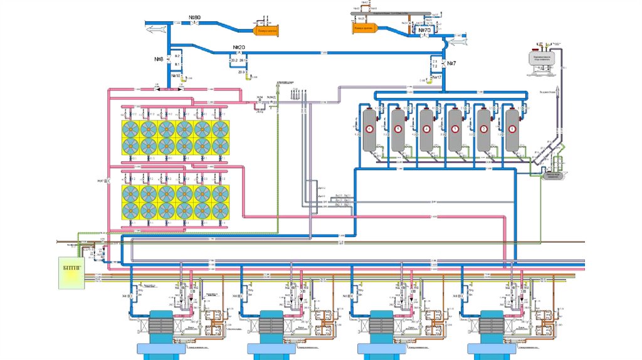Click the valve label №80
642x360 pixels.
tap(194, 16)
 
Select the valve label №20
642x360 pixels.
tap(239, 48)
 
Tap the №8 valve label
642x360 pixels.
tap(159, 59)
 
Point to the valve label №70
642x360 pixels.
tap(424, 29)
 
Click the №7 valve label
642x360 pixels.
tap(450, 64)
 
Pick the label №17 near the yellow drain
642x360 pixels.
tap(436, 77)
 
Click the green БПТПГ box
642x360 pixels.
tap(71, 273)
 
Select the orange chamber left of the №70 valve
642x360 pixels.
tap(364, 27)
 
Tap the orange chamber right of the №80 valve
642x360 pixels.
tap(266, 29)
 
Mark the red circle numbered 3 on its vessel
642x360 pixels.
tap(455, 129)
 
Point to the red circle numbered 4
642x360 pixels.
tap(426, 129)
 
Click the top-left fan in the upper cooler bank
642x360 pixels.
tap(130, 129)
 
